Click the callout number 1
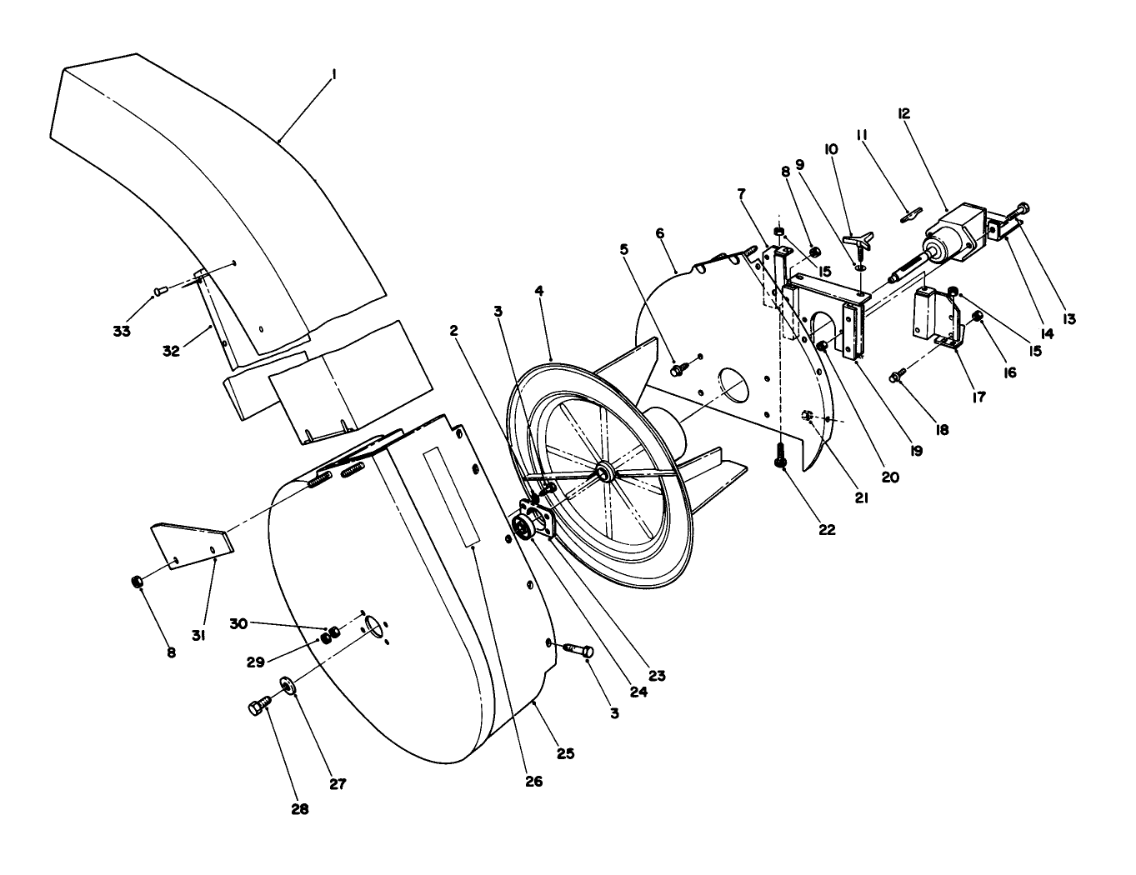333,75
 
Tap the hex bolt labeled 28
258,707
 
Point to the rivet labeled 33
161,290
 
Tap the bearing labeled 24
523,527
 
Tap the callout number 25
566,753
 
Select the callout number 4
539,291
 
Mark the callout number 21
860,497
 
